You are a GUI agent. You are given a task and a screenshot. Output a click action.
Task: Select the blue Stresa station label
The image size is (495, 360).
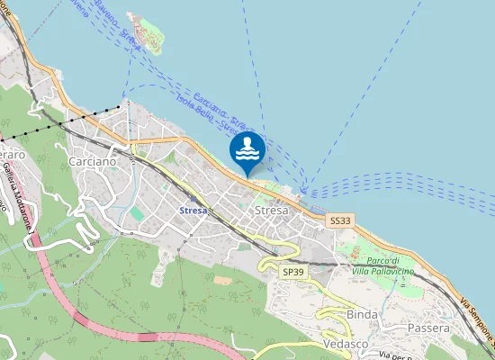click(x=193, y=211)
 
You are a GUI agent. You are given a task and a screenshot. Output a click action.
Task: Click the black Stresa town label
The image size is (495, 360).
click(x=271, y=211)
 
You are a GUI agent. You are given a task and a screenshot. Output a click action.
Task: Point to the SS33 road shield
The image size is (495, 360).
click(x=340, y=220)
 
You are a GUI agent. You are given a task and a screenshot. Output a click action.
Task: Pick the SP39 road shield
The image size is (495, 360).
click(x=293, y=271)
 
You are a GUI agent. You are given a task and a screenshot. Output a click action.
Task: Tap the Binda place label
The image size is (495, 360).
click(x=363, y=314)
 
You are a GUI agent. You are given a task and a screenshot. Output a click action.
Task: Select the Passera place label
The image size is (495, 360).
click(x=428, y=328)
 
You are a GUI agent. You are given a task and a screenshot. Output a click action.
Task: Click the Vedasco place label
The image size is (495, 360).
click(x=346, y=345)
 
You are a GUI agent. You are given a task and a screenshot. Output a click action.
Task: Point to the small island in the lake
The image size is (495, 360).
click(x=147, y=31)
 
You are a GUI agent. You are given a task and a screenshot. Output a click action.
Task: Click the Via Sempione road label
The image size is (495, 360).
click(x=478, y=325)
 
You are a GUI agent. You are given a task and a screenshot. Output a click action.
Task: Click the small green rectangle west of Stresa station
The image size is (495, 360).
click(x=136, y=213)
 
